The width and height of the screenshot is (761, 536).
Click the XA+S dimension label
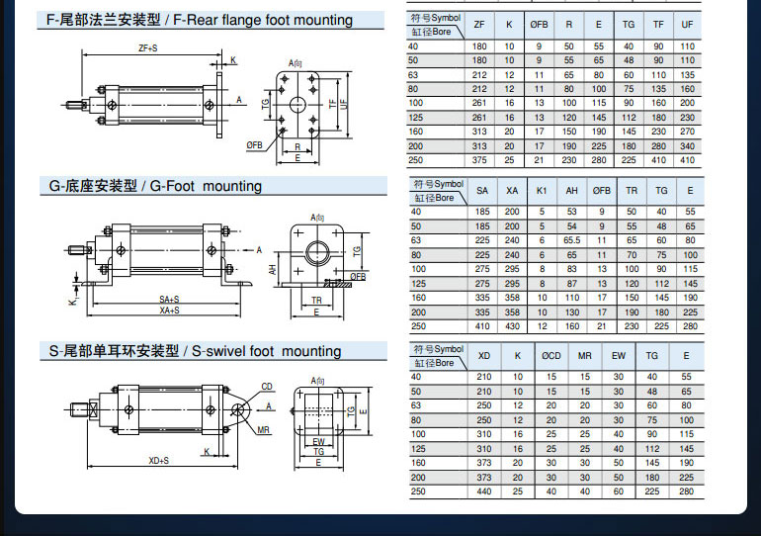coord(170,311)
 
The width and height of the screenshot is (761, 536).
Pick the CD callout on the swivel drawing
coord(267,387)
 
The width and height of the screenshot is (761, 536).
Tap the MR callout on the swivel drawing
coord(264,431)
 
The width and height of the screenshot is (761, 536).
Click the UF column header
coord(688,25)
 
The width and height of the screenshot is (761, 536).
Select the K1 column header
coord(541,190)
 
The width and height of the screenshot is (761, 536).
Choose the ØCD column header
coord(550,355)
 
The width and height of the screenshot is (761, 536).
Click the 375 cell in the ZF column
coord(479,160)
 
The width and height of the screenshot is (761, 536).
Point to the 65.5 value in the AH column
coord(571,240)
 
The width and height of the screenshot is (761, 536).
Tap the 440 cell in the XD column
coord(483,491)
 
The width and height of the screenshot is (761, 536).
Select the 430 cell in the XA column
coord(512,326)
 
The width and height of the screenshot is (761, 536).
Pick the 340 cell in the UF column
coord(688,145)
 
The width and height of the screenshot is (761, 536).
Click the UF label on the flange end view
coord(344,102)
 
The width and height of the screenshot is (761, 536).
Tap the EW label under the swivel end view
coord(318,442)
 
